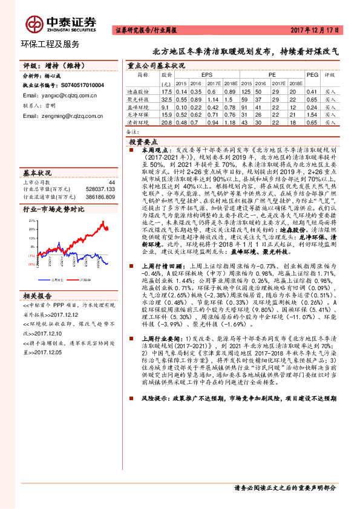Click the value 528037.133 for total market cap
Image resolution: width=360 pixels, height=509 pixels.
(x=100, y=188)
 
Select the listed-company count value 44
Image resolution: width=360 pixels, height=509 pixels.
(x=111, y=181)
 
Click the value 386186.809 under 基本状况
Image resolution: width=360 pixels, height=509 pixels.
(x=100, y=195)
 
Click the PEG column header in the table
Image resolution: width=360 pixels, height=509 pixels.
(x=312, y=74)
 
